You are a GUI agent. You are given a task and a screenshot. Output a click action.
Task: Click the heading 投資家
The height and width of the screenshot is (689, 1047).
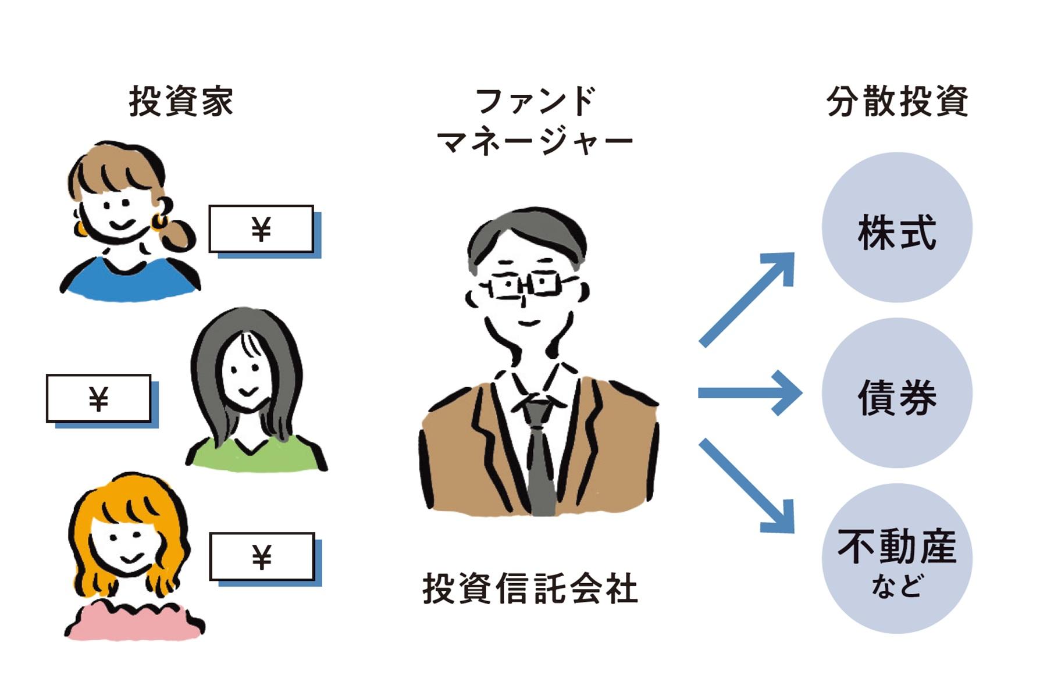click(181, 101)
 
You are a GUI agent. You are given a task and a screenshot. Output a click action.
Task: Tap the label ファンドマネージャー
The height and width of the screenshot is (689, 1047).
click(535, 122)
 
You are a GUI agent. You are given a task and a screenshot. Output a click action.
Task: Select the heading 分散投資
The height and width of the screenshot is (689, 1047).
click(896, 101)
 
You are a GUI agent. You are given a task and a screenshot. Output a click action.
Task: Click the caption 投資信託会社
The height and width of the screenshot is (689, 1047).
click(530, 588)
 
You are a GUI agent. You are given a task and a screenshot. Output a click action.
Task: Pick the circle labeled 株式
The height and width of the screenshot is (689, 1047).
click(896, 228)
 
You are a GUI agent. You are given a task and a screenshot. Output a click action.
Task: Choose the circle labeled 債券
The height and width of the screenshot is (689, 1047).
click(896, 394)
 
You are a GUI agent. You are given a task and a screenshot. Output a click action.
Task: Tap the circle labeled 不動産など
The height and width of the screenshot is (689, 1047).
click(896, 559)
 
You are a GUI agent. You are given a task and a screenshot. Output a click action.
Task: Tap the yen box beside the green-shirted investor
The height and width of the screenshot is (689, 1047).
click(99, 399)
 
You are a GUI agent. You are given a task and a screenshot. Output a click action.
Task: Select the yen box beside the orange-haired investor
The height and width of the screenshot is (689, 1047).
click(262, 556)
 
